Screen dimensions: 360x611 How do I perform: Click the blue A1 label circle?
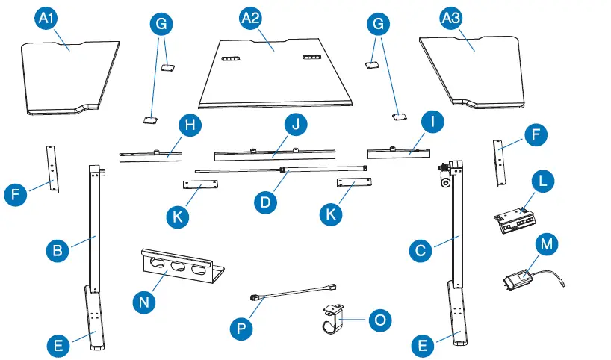[x=47, y=18]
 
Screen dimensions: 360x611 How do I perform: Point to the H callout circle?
[x=191, y=125]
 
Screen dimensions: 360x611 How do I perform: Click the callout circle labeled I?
[x=431, y=120]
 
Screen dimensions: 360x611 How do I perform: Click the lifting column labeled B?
[x=94, y=224]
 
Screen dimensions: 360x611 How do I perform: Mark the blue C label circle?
[x=421, y=251]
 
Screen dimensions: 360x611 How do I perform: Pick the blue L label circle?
[x=543, y=181]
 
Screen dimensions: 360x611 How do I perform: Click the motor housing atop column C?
[x=447, y=173]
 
